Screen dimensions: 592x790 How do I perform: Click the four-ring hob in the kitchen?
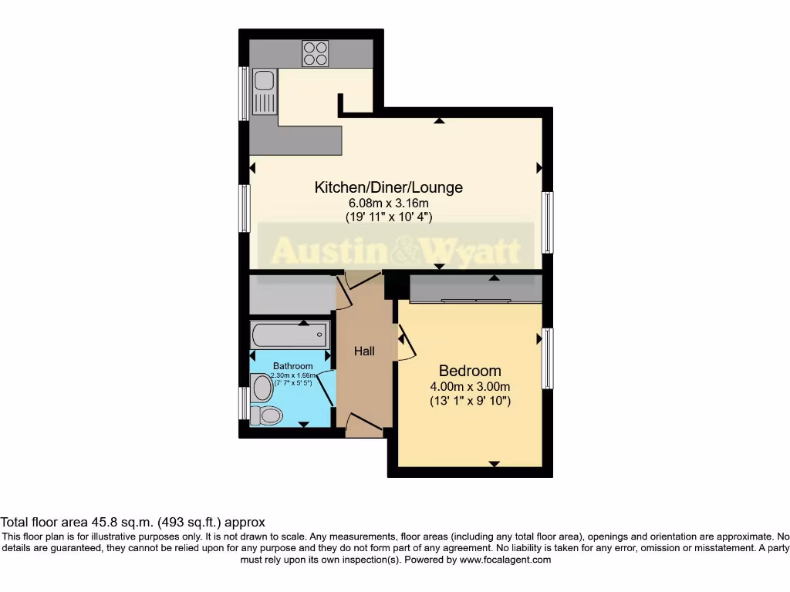pos(315,53)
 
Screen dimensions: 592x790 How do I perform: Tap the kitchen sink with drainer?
pos(264,91)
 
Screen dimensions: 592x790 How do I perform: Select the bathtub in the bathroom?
pos(289,335)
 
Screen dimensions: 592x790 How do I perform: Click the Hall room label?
pos(364,351)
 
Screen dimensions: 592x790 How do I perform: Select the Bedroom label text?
pos(470,371)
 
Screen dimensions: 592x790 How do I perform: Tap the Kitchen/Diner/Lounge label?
pos(388,187)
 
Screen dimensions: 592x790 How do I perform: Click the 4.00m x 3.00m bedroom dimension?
pos(470,387)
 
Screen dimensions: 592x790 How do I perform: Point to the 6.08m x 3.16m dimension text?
pos(388,203)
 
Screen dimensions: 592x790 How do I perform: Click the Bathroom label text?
pos(292,366)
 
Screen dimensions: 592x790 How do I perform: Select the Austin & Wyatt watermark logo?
pos(396,249)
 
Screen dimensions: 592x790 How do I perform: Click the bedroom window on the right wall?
pos(547,358)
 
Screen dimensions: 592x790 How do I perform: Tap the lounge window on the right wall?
pos(547,223)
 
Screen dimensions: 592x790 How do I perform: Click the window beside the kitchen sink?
pos(244,93)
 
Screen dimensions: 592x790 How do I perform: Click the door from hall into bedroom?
pos(405,344)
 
